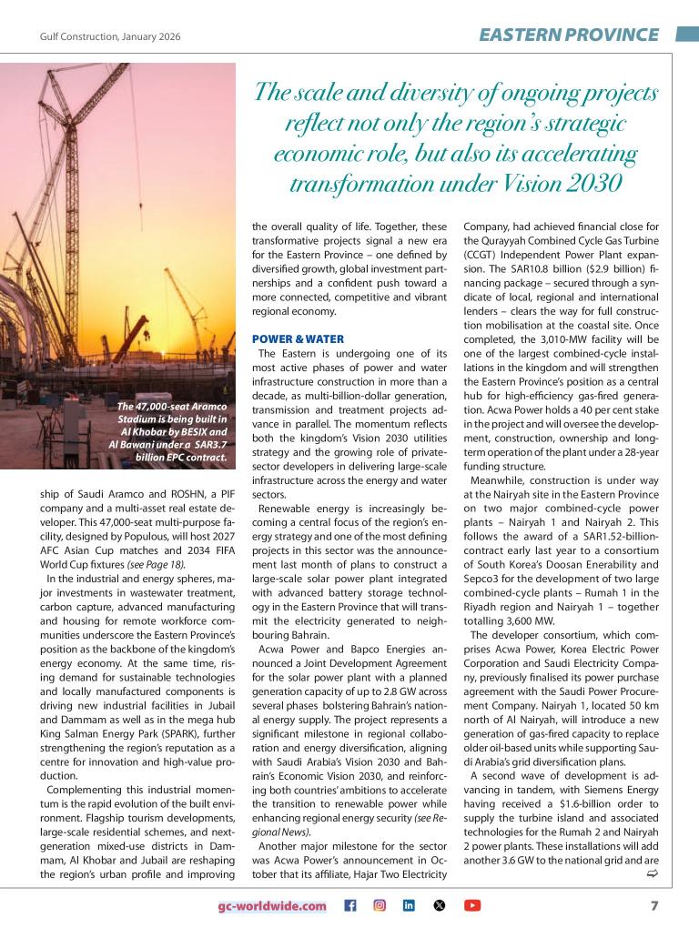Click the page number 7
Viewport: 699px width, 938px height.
pyautogui.click(x=654, y=905)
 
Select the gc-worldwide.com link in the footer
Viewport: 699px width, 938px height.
pyautogui.click(x=271, y=906)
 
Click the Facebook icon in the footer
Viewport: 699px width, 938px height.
pyautogui.click(x=350, y=906)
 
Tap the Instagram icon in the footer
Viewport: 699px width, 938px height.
pyautogui.click(x=380, y=906)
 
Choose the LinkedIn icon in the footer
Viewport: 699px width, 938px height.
pyautogui.click(x=410, y=906)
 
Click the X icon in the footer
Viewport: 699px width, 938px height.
pyautogui.click(x=441, y=906)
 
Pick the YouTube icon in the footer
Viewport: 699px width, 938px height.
pyautogui.click(x=472, y=906)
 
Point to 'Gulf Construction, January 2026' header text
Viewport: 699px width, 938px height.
pyautogui.click(x=109, y=36)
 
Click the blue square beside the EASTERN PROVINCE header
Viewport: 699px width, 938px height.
pyautogui.click(x=686, y=35)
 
